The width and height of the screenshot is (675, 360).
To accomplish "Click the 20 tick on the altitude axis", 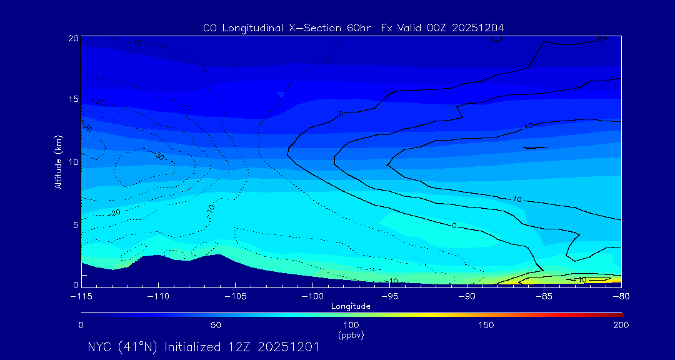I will [72, 38].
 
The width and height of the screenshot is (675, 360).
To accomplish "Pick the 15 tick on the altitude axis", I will [72, 99].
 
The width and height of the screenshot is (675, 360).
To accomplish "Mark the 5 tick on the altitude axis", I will [75, 224].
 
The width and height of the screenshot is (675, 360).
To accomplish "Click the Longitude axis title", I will [351, 306].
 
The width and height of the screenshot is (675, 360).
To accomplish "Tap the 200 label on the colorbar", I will [621, 325].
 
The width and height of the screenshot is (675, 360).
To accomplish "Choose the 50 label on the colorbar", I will [216, 325].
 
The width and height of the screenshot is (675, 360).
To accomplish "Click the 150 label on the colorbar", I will [486, 325].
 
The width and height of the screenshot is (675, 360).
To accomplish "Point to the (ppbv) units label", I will [351, 335].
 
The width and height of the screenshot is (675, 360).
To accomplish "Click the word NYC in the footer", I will [100, 347].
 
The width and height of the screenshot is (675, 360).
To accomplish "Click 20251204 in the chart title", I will [476, 28].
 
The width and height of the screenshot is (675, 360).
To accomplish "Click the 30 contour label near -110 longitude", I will [159, 156].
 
